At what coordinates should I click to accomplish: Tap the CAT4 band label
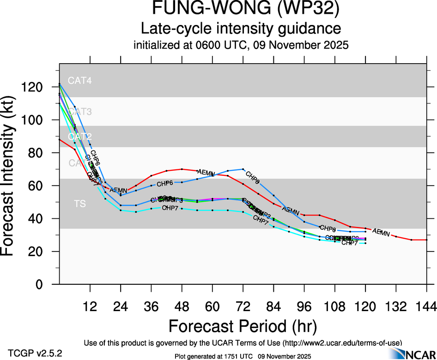(79, 80)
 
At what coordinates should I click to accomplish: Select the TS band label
(79, 204)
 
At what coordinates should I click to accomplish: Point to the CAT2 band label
(79, 137)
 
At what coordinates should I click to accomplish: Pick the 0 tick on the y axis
(49, 284)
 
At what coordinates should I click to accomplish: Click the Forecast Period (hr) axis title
(243, 326)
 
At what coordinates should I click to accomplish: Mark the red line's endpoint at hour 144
(426, 240)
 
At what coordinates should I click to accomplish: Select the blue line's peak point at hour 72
(243, 169)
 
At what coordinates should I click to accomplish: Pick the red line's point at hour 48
(182, 169)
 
